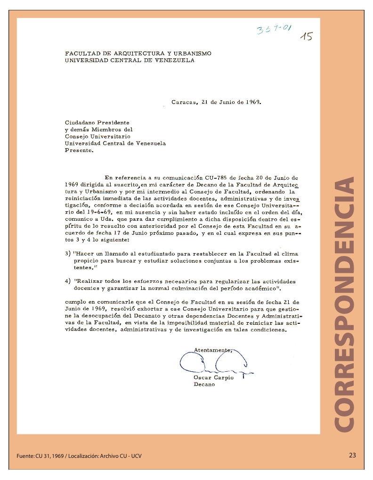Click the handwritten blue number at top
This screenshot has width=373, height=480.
(274, 30)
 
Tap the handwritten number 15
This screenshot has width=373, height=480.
(307, 37)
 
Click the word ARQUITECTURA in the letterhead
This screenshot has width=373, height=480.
(135, 53)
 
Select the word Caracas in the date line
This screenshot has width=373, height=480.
(184, 102)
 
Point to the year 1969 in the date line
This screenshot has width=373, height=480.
(251, 102)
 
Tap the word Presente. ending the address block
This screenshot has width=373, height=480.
(79, 151)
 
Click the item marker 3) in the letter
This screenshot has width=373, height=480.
(68, 253)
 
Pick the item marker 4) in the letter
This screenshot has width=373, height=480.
(68, 281)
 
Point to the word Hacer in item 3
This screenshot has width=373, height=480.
(85, 253)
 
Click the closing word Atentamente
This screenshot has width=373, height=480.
(212, 350)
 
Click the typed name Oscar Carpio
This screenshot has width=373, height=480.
(213, 377)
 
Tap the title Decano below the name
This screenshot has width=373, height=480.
(204, 384)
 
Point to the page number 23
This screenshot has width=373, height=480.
(352, 455)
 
